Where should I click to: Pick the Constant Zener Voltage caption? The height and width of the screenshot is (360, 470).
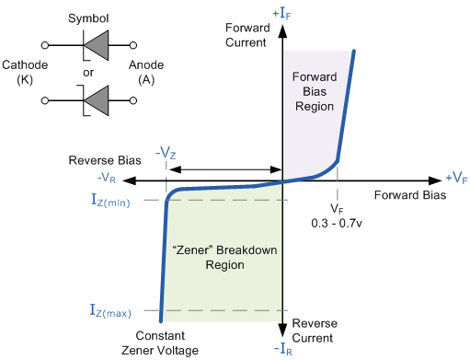pos(167,343)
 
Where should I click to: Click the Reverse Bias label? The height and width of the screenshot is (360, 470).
pos(104,160)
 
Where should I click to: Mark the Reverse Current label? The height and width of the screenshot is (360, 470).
pos(315,331)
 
